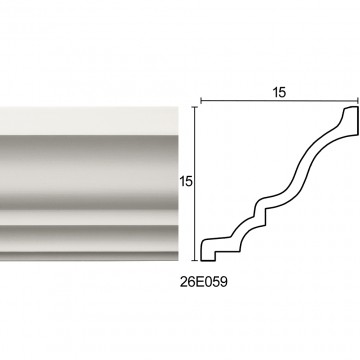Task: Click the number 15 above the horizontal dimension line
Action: click(279, 93)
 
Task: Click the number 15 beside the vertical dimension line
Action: click(186, 182)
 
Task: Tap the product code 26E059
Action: click(204, 282)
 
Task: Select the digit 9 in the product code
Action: click(223, 282)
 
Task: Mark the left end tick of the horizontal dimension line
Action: click(201, 100)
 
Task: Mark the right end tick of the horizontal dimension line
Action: click(358, 100)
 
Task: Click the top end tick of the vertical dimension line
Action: click(195, 107)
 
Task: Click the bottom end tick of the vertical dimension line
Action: click(195, 260)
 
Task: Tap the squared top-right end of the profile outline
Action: click(351, 121)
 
